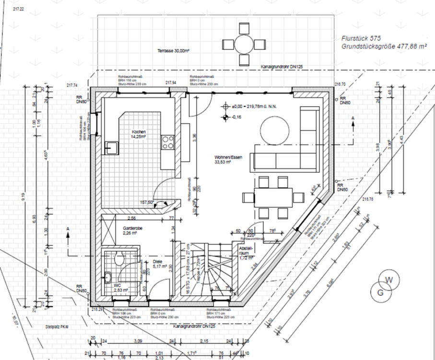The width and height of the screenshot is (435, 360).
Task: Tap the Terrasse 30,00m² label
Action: click(x=173, y=50)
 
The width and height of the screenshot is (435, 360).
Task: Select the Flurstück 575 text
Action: click(x=357, y=37)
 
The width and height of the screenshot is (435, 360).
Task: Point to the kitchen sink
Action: click(x=111, y=148)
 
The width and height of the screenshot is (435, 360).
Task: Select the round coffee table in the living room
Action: click(x=275, y=130)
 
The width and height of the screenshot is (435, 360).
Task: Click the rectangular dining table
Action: click(x=273, y=197)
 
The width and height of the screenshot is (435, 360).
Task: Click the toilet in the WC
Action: click(x=120, y=258)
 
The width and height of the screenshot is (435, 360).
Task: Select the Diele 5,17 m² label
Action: click(x=158, y=264)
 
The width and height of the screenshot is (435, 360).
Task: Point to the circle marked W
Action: click(x=390, y=280)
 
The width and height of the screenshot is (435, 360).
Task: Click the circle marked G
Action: click(x=380, y=291)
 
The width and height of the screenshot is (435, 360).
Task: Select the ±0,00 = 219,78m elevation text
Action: click(x=255, y=107)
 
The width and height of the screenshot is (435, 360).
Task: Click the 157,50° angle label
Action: click(x=146, y=203)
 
